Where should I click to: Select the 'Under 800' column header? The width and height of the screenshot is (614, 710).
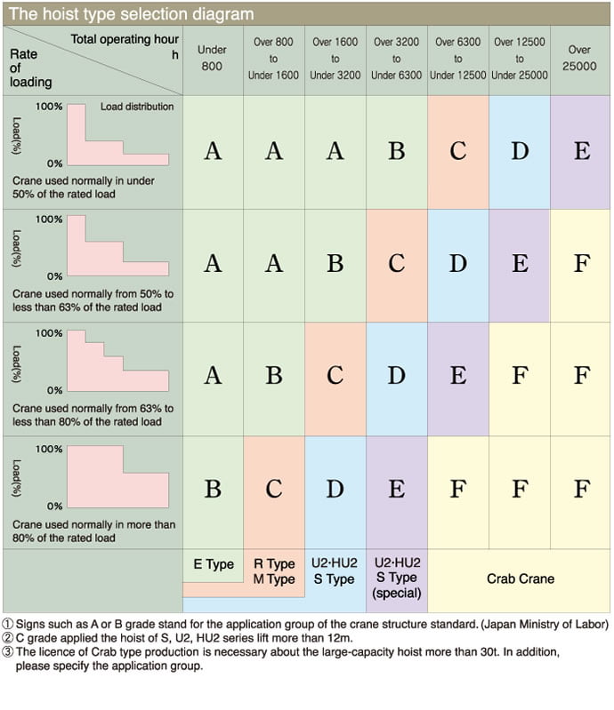pos(213,59)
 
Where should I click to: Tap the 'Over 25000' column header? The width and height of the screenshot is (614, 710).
pos(579,59)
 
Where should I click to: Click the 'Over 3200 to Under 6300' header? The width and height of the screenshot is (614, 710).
pos(396,59)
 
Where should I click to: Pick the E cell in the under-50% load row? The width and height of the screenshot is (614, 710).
pos(581,151)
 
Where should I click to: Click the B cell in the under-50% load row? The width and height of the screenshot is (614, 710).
pos(396,151)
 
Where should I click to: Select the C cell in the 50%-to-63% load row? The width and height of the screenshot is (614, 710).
pos(396,264)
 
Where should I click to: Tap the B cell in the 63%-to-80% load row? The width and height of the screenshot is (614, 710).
pos(274,376)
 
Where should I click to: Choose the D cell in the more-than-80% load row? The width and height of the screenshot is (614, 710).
pos(335,489)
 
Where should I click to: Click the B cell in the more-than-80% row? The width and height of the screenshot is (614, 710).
pos(213,489)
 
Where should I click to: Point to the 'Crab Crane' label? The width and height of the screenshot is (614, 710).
pos(520,578)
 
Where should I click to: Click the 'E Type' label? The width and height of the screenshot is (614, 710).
pos(214,564)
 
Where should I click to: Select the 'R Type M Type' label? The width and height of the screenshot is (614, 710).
pos(274,571)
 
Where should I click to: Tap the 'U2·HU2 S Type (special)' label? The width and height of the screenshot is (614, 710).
pos(397,578)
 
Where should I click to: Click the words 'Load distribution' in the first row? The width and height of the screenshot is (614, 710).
pos(137,107)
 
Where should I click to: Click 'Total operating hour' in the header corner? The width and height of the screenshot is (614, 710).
pos(125,39)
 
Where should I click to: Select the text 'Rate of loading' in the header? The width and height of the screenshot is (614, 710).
pos(30,68)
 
